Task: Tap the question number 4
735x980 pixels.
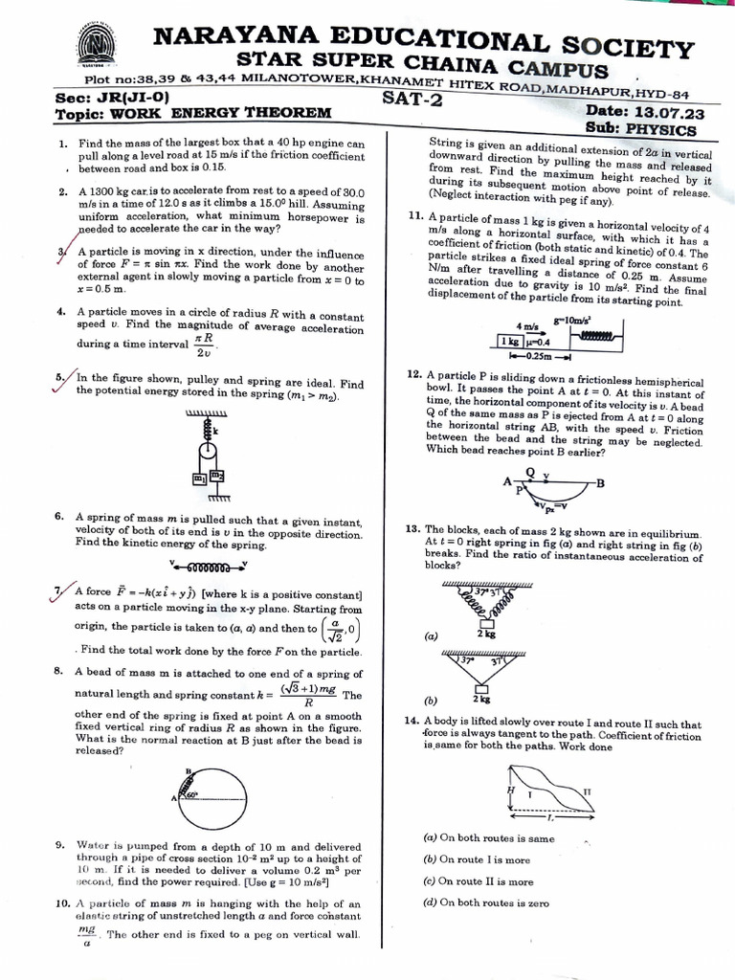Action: coord(61,312)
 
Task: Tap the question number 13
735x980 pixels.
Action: coord(413,528)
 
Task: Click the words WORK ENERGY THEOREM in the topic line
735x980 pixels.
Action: coord(222,113)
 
